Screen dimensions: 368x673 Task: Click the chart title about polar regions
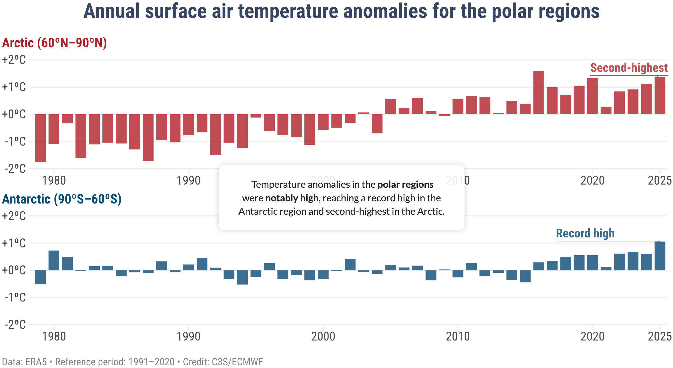341,11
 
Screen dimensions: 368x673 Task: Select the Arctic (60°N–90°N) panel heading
54,43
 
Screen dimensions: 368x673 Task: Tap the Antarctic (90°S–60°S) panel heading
62,199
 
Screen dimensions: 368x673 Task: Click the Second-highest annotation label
629,68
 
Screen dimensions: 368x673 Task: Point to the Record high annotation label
585,233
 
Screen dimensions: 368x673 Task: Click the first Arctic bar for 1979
40,138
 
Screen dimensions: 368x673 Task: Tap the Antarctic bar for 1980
54,260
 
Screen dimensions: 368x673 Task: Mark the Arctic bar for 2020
592,96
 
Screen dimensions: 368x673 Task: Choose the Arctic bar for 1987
148,137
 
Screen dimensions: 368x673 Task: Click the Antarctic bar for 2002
350,265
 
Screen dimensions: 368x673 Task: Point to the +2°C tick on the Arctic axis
14,60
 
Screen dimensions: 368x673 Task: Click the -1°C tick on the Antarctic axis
15,297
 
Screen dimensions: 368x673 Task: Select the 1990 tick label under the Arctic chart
188,181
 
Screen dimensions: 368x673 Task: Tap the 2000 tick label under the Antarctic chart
323,337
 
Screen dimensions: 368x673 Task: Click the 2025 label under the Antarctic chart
660,337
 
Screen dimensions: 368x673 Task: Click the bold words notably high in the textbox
292,198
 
